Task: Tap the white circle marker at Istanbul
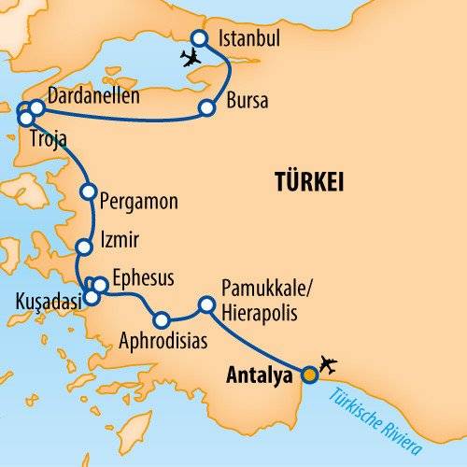(199, 38)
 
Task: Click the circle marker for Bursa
(205, 109)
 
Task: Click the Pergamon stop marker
(89, 192)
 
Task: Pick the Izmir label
(122, 241)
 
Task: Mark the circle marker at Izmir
(85, 248)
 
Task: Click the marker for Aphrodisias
(163, 319)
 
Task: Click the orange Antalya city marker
(309, 375)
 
